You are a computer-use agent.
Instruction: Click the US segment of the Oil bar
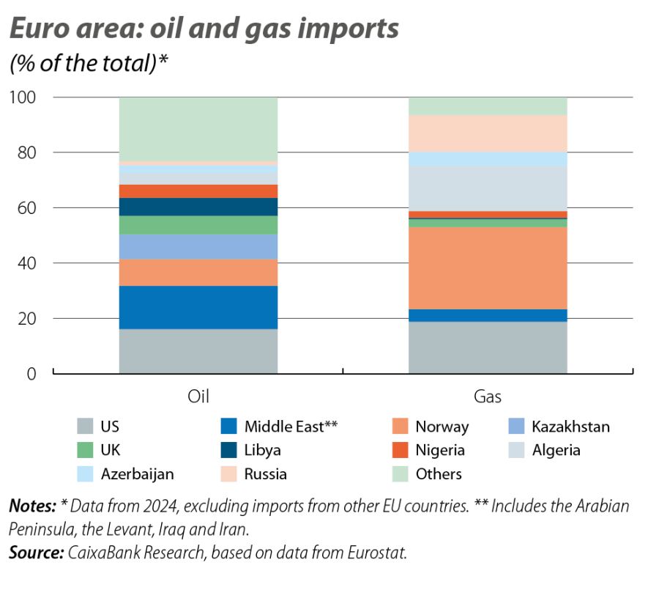[x=198, y=351]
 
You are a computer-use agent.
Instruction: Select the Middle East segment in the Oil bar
[x=198, y=307]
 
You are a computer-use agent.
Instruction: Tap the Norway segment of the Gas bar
[x=488, y=268]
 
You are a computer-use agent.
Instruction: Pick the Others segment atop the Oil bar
[x=198, y=128]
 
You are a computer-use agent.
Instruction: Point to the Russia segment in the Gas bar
[x=488, y=133]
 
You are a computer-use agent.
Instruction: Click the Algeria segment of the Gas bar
[x=488, y=188]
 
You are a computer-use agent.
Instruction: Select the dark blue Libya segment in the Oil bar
[x=198, y=207]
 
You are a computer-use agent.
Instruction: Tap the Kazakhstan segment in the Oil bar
[x=198, y=246]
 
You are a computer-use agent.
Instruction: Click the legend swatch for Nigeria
[x=401, y=450]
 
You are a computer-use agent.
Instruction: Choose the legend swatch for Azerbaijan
[x=86, y=473]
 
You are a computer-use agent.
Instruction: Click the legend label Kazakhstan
[x=570, y=427]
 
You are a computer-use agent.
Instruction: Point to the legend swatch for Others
[x=401, y=473]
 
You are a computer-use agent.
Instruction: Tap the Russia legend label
[x=265, y=473]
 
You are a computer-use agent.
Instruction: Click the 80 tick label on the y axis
[x=27, y=152]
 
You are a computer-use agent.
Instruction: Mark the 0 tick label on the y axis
[x=32, y=374]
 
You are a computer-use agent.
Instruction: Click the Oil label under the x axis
[x=198, y=397]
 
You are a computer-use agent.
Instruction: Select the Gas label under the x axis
[x=488, y=397]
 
